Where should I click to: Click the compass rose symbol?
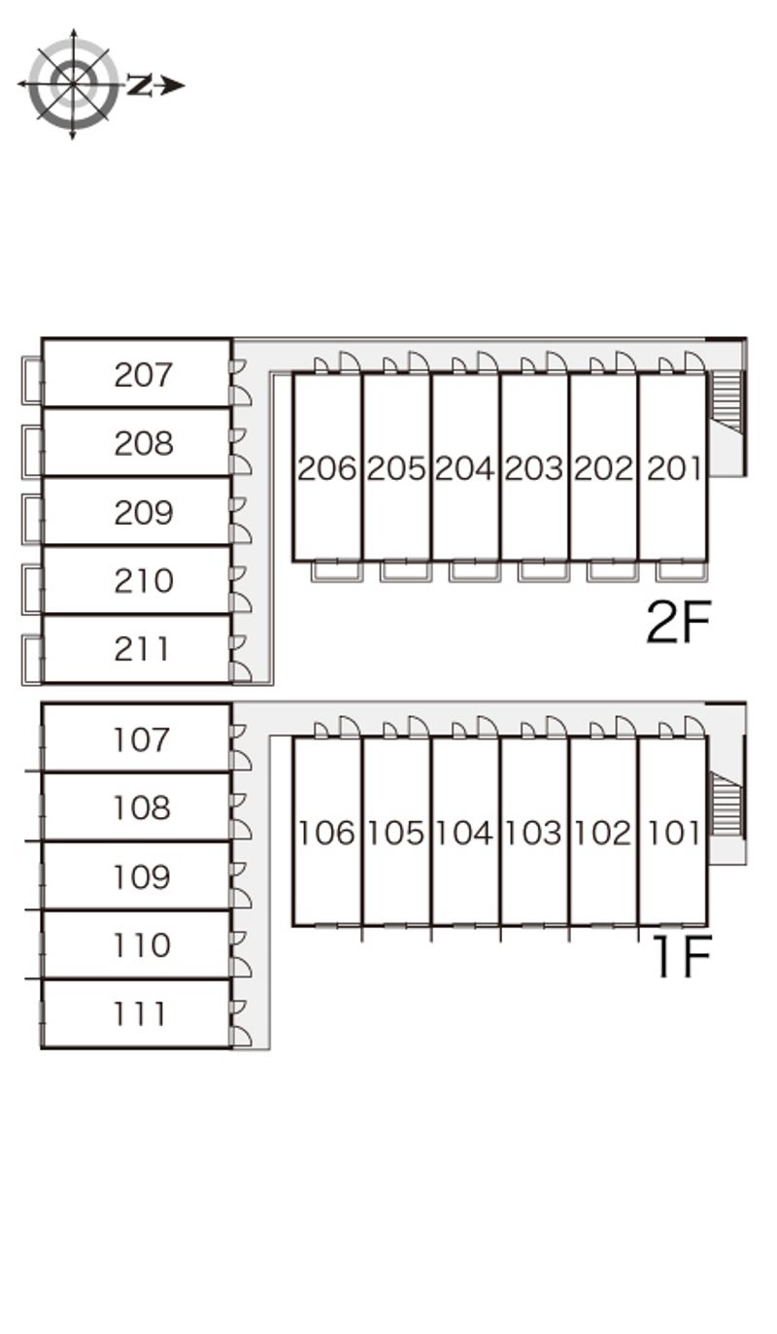[x=73, y=85]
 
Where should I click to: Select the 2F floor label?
[x=679, y=623]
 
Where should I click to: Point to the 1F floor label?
[x=683, y=956]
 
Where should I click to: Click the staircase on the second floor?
[x=726, y=400]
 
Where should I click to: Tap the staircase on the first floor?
[x=726, y=804]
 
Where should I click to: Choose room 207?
[x=143, y=374]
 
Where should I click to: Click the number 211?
[x=143, y=649]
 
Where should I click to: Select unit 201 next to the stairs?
[x=673, y=468]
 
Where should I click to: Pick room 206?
[x=327, y=468]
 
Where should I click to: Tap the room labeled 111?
[x=141, y=1014]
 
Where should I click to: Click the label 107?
[x=142, y=740]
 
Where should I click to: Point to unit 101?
[x=673, y=833]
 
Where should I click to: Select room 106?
[x=327, y=833]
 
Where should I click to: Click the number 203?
[x=534, y=468]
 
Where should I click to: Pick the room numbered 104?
[x=464, y=833]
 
